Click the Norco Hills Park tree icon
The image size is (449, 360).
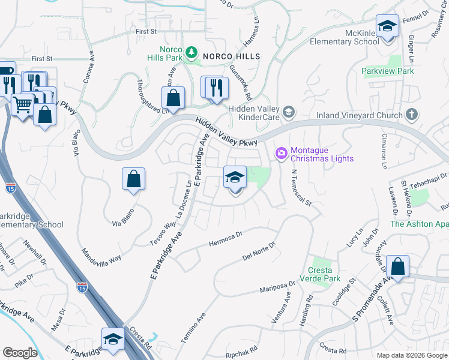tap(191, 52)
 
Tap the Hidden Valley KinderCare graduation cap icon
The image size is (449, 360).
tap(289, 112)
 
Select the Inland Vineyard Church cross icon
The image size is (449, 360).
tap(411, 114)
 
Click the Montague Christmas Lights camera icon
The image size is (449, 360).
tap(281, 154)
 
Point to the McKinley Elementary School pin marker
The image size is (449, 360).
tap(388, 28)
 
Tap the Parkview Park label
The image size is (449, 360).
tap(388, 71)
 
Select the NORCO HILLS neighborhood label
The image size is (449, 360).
tap(231, 56)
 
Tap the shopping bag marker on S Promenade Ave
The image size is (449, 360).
tap(397, 266)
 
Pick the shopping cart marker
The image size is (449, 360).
tap(23, 105)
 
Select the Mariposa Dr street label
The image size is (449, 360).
tap(277, 288)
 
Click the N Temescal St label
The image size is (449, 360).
tap(301, 187)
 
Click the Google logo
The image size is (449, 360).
tap(20, 353)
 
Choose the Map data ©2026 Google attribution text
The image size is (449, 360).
tap(412, 355)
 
